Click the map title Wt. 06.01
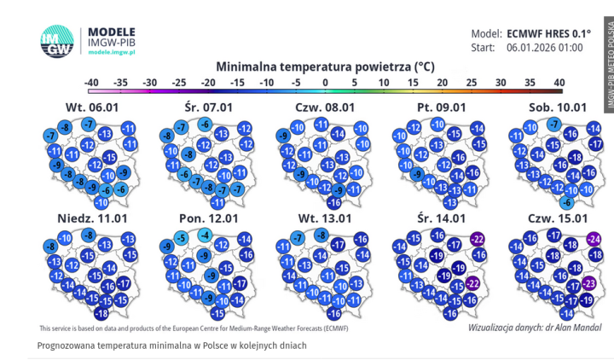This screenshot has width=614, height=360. pyautogui.click(x=89, y=107)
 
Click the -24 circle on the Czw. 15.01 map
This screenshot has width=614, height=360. pyautogui.click(x=592, y=239)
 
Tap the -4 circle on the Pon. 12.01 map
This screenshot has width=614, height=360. pyautogui.click(x=205, y=235)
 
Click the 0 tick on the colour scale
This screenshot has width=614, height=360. pyautogui.click(x=325, y=82)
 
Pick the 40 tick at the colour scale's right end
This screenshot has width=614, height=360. pyautogui.click(x=559, y=82)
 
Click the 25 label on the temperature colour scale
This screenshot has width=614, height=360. pyautogui.click(x=471, y=82)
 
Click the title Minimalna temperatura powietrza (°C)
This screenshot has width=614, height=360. pyautogui.click(x=325, y=65)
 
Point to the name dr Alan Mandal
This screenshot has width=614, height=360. pyautogui.click(x=563, y=327)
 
